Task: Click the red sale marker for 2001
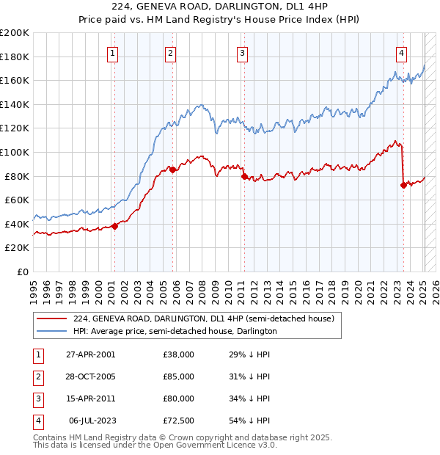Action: coord(115,226)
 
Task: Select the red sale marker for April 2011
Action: coord(243,175)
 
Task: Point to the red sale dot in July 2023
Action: coord(403,185)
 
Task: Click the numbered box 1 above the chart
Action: coord(113,52)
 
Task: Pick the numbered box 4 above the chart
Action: coord(402,52)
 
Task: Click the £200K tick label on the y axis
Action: coord(15,32)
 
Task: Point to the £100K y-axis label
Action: coord(15,152)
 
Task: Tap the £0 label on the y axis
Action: coord(22,272)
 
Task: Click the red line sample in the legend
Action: coord(51,318)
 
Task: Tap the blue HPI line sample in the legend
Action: coord(51,331)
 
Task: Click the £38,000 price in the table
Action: coord(178,354)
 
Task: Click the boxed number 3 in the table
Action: coord(37,398)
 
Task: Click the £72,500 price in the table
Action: coord(178,421)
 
